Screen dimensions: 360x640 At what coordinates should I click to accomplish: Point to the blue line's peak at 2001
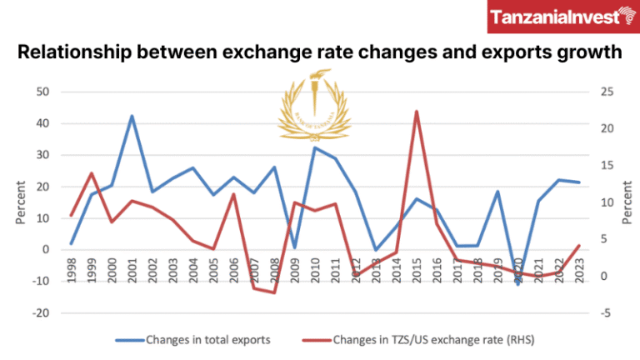point(132,116)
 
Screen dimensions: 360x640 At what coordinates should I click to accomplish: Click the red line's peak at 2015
point(416,111)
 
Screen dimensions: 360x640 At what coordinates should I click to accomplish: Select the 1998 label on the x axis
point(72,270)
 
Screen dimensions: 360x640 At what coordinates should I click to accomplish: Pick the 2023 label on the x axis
point(578,270)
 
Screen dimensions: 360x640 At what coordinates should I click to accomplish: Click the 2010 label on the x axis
point(315,270)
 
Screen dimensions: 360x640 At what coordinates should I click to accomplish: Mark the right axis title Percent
point(627,203)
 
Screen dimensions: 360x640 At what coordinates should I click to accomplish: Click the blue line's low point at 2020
point(517,284)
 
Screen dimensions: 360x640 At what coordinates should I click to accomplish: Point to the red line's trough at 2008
point(274,292)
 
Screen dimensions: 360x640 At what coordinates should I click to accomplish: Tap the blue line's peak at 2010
point(315,147)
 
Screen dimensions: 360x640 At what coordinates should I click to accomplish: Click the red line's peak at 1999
point(92,173)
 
